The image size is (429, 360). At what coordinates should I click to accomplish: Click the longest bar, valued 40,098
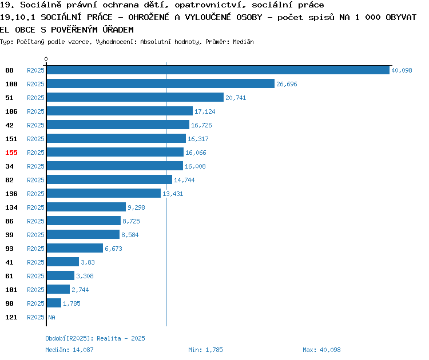pyautogui.click(x=218, y=70)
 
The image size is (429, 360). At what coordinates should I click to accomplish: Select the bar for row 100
pyautogui.click(x=161, y=83)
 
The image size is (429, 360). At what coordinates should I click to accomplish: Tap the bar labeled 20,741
pyautogui.click(x=135, y=97)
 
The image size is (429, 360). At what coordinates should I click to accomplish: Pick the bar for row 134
pyautogui.click(x=86, y=207)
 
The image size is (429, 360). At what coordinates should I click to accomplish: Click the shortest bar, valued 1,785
pyautogui.click(x=54, y=303)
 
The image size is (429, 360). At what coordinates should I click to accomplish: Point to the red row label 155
pyautogui.click(x=11, y=153)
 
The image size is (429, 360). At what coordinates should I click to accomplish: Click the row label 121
pyautogui.click(x=11, y=317)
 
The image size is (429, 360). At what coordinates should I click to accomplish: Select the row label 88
pyautogui.click(x=9, y=70)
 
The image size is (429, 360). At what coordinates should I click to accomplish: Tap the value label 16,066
pyautogui.click(x=196, y=153)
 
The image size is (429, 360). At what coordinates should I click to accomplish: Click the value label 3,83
pyautogui.click(x=88, y=262)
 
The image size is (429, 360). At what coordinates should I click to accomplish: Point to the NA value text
pyautogui.click(x=51, y=317)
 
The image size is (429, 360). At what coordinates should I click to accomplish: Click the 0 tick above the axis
pyautogui.click(x=46, y=59)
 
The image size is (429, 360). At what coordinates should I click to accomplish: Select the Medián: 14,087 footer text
pyautogui.click(x=69, y=350)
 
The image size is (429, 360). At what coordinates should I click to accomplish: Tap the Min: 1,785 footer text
pyautogui.click(x=205, y=350)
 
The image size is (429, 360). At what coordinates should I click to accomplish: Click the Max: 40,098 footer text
pyautogui.click(x=321, y=350)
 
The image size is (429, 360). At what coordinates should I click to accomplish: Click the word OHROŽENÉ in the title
pyautogui.click(x=149, y=17)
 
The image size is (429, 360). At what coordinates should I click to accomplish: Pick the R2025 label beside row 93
pyautogui.click(x=35, y=249)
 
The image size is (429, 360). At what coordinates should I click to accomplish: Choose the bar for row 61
pyautogui.click(x=61, y=275)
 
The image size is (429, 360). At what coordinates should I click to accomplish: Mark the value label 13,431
pyautogui.click(x=173, y=194)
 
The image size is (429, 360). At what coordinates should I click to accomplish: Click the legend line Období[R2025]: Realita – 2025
pyautogui.click(x=95, y=338)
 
